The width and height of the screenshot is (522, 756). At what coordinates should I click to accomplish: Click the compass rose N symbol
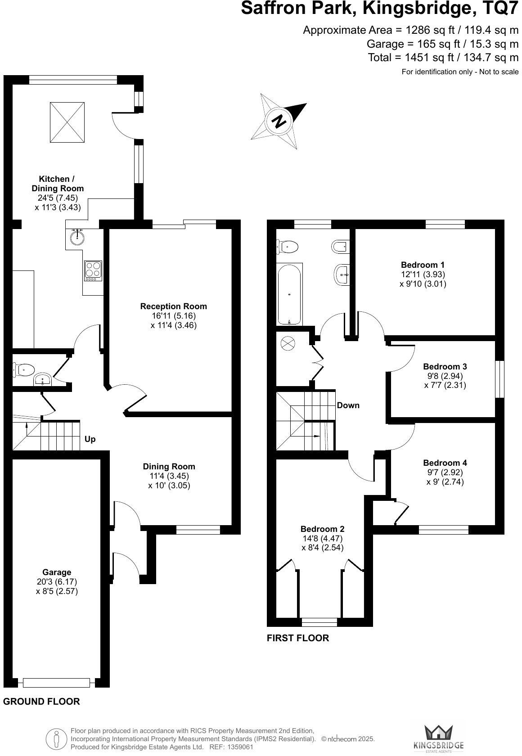point(279,121)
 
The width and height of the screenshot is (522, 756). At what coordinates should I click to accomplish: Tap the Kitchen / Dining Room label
point(57,184)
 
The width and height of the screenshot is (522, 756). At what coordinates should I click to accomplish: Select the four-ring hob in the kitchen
point(93,271)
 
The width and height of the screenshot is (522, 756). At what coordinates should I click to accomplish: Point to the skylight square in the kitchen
point(67,122)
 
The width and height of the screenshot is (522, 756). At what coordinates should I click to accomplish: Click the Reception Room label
point(174,306)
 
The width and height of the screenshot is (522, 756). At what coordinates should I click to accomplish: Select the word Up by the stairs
point(90,439)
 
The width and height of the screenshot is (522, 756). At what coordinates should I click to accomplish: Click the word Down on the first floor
point(348,405)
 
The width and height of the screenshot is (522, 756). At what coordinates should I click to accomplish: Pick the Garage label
point(57,572)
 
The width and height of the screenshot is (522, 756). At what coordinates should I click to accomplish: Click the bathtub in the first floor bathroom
point(289,295)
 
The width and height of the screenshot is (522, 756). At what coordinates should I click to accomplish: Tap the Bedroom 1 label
point(423,265)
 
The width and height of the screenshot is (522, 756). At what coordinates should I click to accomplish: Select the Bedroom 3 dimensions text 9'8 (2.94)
point(445,376)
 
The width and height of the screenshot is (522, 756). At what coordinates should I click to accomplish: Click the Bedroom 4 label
point(445,463)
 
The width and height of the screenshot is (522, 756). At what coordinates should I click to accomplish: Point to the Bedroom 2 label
point(323,529)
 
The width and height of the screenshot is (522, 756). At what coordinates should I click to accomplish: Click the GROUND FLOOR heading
point(41,701)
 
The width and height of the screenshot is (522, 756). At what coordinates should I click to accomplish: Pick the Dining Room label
point(169,466)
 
